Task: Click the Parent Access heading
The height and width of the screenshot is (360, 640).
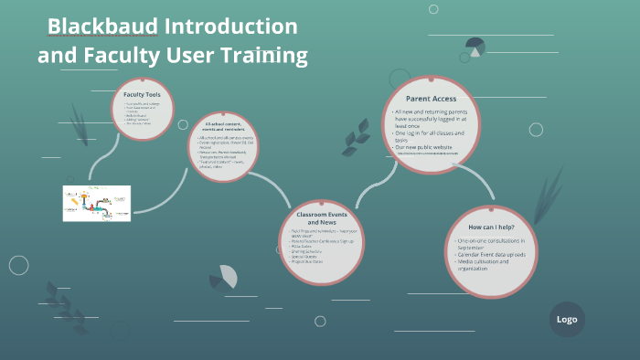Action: [x=432, y=98]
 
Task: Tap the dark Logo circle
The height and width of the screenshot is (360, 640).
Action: [x=567, y=319]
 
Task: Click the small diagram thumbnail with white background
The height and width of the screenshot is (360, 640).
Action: [x=97, y=204]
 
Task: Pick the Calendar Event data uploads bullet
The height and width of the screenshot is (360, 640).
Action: [x=493, y=254]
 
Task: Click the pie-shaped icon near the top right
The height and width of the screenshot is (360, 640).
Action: [x=475, y=47]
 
